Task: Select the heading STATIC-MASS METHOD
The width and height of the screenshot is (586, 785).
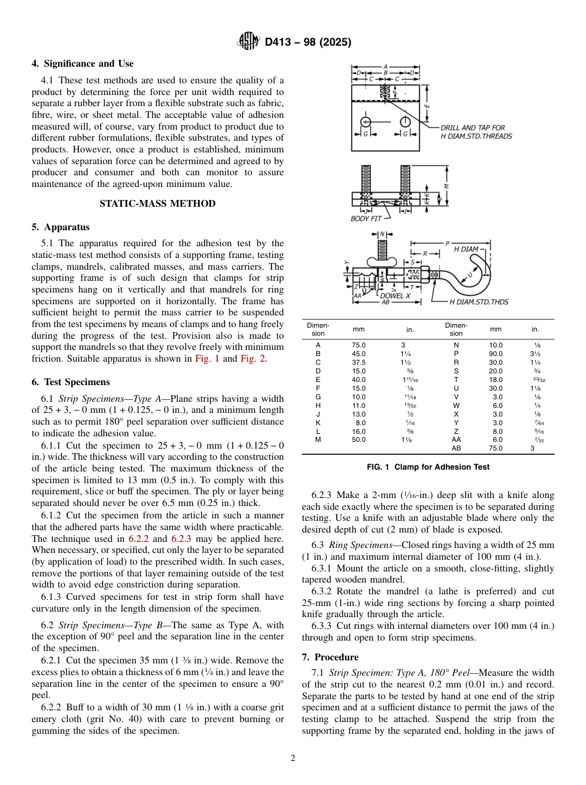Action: tap(157, 204)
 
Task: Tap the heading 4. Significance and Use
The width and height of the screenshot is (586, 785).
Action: tap(83, 64)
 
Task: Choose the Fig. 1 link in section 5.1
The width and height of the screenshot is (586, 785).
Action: tap(207, 359)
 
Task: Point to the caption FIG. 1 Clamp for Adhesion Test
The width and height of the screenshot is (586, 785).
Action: tap(427, 467)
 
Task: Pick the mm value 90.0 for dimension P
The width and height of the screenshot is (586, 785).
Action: tap(495, 354)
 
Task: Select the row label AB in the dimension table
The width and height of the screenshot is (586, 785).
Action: tap(455, 449)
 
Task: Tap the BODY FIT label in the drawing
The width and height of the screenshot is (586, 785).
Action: tap(366, 218)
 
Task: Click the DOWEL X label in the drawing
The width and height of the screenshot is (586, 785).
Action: tap(395, 296)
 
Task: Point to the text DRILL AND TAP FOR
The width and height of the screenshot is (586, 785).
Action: tap(473, 128)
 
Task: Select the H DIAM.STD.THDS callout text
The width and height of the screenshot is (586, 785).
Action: tap(479, 302)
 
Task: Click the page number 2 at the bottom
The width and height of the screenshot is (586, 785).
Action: tap(293, 758)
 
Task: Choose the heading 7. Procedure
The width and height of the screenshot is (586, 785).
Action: tap(330, 657)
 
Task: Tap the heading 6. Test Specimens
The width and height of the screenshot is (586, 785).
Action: tap(71, 382)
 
